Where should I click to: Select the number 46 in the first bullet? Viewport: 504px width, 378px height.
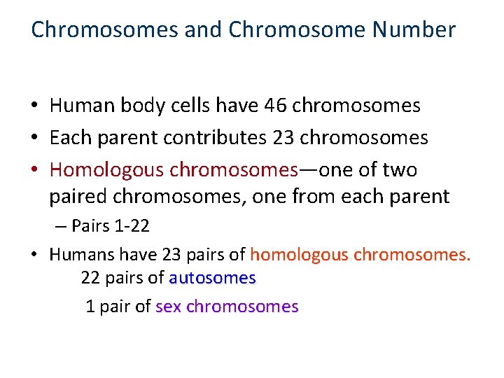pyautogui.click(x=276, y=106)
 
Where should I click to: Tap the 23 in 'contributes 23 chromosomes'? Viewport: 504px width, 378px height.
pyautogui.click(x=283, y=138)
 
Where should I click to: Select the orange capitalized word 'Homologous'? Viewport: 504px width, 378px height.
pyautogui.click(x=106, y=170)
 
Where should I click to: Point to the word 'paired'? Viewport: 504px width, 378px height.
pyautogui.click(x=77, y=197)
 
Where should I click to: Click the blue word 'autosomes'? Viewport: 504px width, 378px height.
pyautogui.click(x=213, y=279)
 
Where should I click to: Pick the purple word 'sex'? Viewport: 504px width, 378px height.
pyautogui.click(x=169, y=307)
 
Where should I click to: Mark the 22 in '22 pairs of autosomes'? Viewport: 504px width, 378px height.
pyautogui.click(x=90, y=279)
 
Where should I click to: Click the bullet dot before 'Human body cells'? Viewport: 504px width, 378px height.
pyautogui.click(x=35, y=106)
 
